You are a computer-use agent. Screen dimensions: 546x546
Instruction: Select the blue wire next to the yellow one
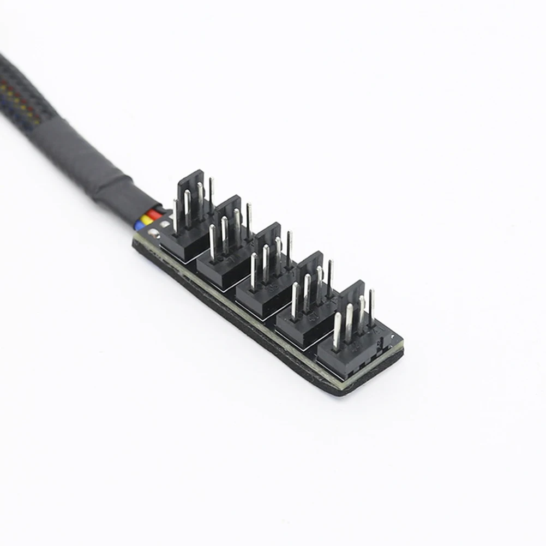[140, 225]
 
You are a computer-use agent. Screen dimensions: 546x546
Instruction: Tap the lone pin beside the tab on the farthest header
[371, 305]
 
